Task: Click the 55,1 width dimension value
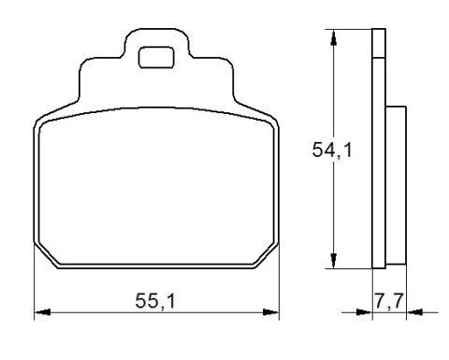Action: click(155, 301)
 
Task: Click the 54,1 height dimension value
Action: click(332, 150)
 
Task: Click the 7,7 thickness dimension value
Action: click(389, 301)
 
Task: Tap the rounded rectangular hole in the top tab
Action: click(156, 57)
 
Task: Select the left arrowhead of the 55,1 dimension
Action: click(42, 312)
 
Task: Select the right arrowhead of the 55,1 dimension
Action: click(270, 312)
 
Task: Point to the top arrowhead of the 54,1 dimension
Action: click(334, 37)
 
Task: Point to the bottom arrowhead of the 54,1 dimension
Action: click(334, 261)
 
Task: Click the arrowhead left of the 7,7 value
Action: click(364, 312)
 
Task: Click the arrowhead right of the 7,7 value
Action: click(414, 312)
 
